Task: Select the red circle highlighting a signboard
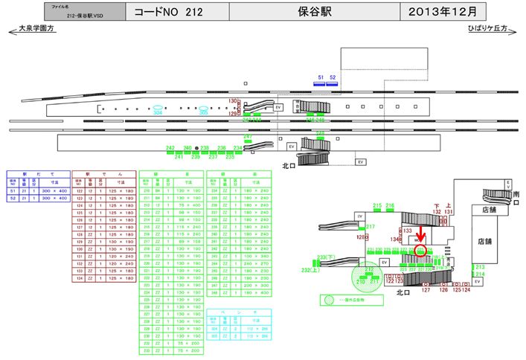421,251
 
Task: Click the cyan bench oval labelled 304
158,111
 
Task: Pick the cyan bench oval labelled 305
203,112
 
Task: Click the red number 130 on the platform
232,100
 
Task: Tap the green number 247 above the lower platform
248,137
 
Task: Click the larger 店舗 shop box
484,242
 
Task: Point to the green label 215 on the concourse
377,205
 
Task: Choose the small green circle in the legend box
328,300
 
